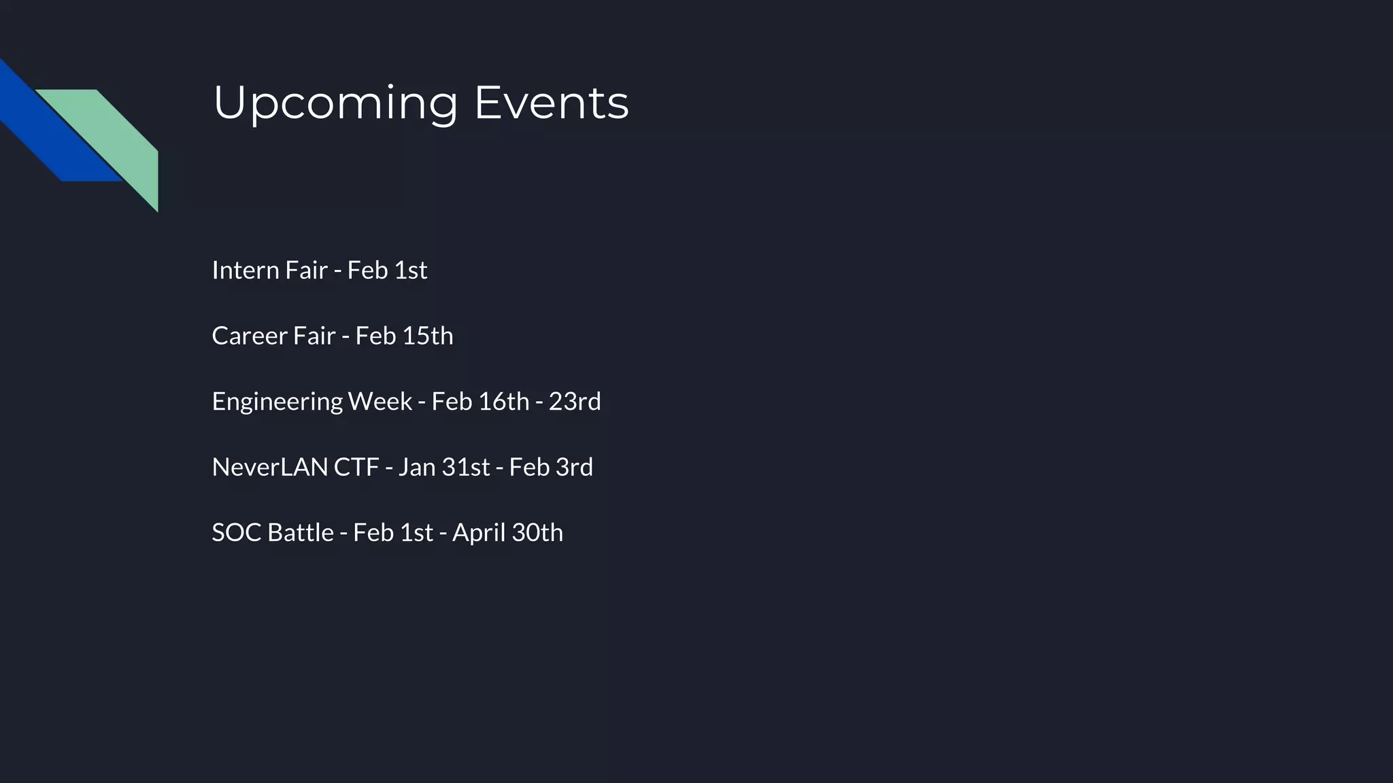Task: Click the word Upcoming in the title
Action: point(335,103)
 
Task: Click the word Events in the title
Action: point(551,103)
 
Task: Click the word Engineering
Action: point(277,402)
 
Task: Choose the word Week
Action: point(380,402)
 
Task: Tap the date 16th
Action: point(503,402)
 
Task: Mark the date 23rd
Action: point(575,402)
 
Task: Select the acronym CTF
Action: point(356,468)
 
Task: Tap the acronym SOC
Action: point(236,533)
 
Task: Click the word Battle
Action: point(301,533)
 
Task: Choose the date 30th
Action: point(537,533)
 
